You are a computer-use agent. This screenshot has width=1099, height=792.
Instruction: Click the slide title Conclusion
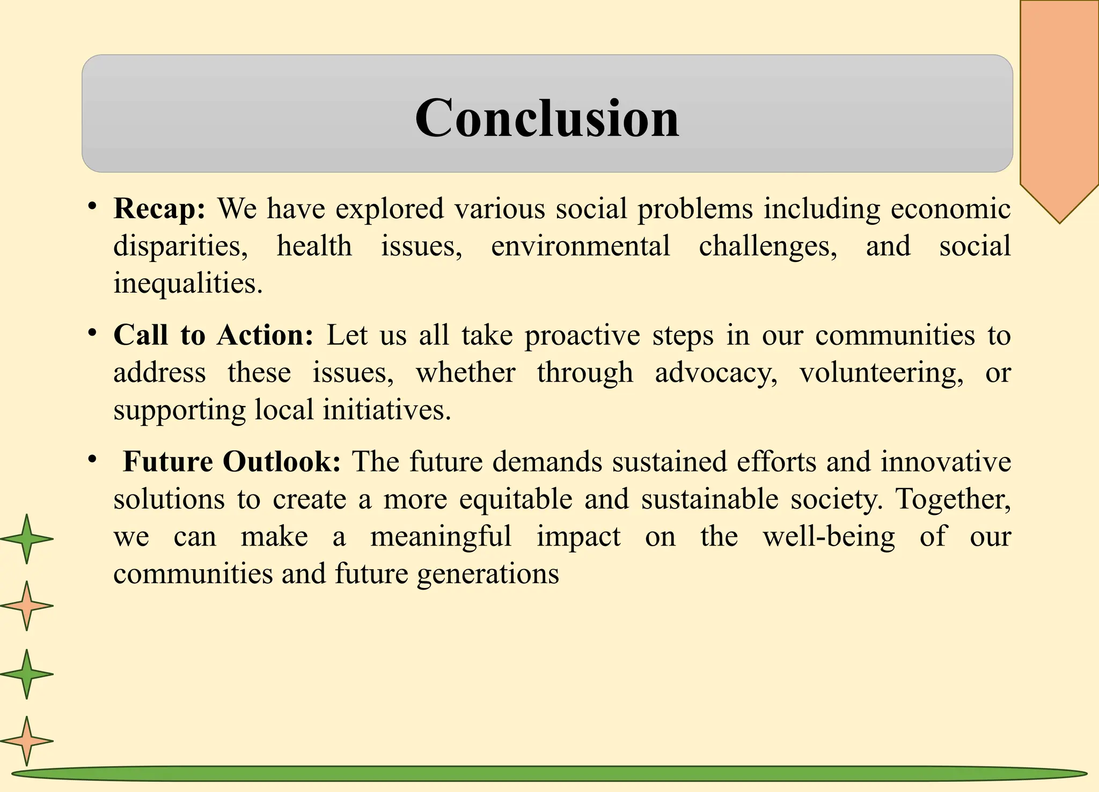click(547, 118)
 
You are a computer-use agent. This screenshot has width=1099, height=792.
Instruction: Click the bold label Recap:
click(159, 208)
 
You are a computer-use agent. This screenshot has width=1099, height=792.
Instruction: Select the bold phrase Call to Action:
click(213, 335)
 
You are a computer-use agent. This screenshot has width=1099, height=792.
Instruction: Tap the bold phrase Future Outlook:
click(231, 461)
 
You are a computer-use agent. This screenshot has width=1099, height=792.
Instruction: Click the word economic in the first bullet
click(950, 208)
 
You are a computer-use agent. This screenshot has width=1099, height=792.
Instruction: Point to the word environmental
click(580, 246)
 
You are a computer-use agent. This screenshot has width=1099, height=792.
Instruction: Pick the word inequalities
click(188, 283)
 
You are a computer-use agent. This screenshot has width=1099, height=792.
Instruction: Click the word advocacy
click(716, 373)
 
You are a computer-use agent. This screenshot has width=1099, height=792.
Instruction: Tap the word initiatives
click(386, 410)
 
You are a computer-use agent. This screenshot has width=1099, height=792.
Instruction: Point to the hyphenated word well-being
click(829, 536)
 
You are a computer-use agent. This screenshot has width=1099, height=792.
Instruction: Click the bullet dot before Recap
click(92, 206)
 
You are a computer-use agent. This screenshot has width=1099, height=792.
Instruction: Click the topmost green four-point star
click(26, 539)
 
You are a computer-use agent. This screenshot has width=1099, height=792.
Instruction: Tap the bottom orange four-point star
click(26, 741)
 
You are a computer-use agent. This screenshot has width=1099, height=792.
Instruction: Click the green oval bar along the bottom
click(549, 774)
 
